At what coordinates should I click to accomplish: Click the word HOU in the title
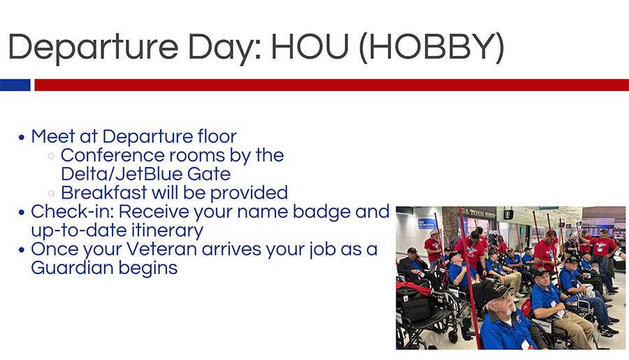coord(310,47)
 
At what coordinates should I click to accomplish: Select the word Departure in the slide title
coord(93,48)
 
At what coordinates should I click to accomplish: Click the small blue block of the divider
coord(15,85)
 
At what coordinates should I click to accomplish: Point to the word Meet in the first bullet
coord(53,136)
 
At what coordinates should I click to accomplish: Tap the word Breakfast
coord(104,193)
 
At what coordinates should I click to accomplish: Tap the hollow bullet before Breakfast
coord(51,194)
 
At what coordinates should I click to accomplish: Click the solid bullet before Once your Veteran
coord(22,250)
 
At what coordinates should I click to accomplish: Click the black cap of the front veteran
coord(498,290)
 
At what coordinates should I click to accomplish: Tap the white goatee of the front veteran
coord(507,310)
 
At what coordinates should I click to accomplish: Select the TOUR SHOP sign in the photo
coord(478,213)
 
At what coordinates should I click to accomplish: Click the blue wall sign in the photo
coord(428,224)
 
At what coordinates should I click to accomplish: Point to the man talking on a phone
coord(413,265)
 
